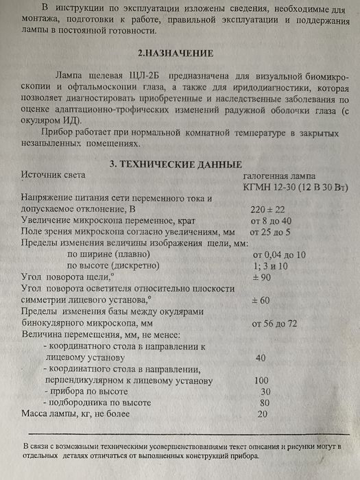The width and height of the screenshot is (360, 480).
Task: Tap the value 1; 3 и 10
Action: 272,267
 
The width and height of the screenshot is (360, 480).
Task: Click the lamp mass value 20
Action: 262,414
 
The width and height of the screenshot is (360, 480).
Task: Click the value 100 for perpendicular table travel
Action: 261,380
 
